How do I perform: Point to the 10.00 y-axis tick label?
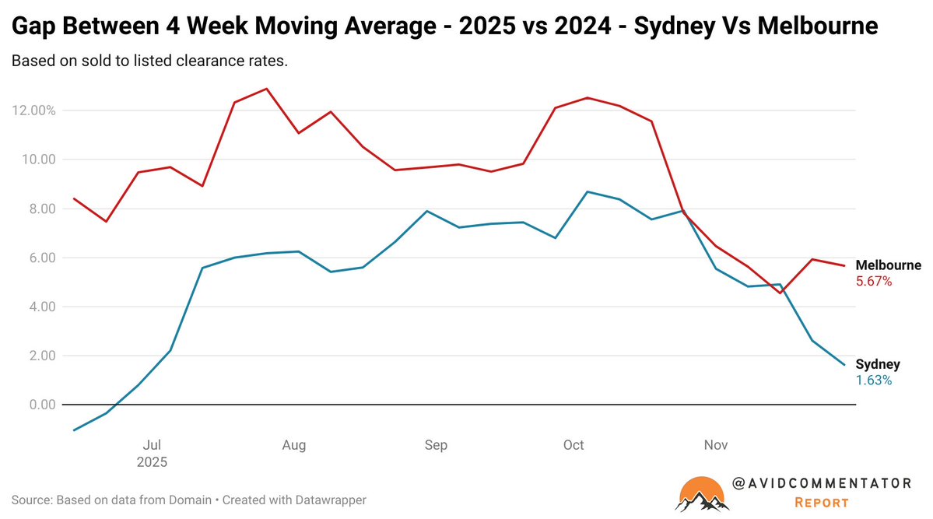click(38, 160)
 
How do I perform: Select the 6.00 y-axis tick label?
click(41, 258)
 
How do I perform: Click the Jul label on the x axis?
click(153, 445)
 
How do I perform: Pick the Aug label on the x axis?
click(293, 445)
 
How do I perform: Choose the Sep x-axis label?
click(436, 445)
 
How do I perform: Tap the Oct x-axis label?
click(573, 445)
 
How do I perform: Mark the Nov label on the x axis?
click(716, 445)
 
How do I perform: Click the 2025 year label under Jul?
click(153, 461)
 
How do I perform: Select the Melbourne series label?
click(888, 265)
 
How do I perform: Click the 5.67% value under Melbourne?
click(874, 282)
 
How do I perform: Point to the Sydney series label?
click(878, 364)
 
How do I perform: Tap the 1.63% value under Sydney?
click(874, 380)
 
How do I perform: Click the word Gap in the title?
click(33, 27)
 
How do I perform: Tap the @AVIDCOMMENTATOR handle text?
click(822, 483)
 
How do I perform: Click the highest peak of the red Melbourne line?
click(267, 89)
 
